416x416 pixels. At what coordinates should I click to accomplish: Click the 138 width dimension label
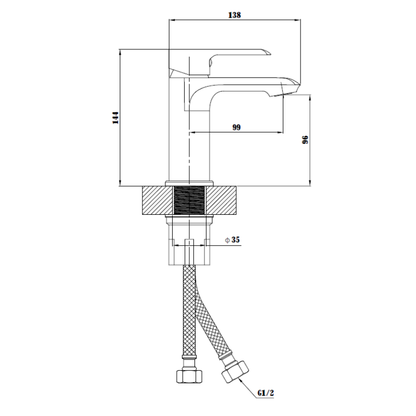coord(235,15)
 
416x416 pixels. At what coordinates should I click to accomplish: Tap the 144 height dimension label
coord(115,118)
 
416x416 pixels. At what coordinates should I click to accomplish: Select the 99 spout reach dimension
coord(237,127)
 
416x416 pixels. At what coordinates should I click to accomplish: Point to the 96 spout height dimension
coord(305,139)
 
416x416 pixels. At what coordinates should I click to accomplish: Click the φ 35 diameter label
coord(232,240)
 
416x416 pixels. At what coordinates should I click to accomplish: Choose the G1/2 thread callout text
coord(265,393)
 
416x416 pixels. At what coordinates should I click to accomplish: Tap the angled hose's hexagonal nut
coord(236,371)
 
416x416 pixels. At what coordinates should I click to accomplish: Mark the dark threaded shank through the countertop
coord(189,200)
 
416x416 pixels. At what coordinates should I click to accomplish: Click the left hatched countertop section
coord(158,200)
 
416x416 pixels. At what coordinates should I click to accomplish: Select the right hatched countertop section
coord(221,200)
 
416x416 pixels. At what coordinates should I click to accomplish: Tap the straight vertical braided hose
coord(189,310)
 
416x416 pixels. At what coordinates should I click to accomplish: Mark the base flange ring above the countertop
coord(189,184)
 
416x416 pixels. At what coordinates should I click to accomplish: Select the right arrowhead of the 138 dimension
coord(297,20)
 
